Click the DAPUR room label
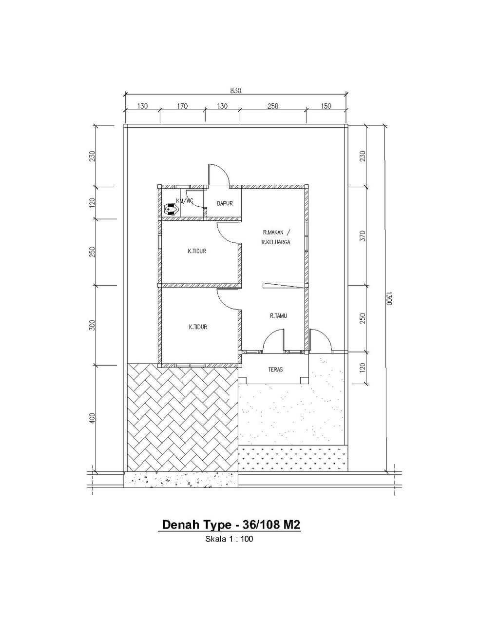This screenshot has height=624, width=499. click(x=225, y=204)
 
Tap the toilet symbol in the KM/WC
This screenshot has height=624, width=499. click(x=171, y=209)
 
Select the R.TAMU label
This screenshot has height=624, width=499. click(x=278, y=316)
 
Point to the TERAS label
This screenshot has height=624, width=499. click(x=275, y=370)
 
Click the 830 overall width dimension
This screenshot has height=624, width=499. click(x=236, y=91)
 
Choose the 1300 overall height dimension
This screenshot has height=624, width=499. click(x=389, y=299)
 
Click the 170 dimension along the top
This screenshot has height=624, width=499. click(x=182, y=106)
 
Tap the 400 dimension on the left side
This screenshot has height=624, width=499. click(x=93, y=418)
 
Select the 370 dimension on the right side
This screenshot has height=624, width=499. click(x=363, y=236)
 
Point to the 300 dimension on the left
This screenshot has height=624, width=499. click(x=93, y=325)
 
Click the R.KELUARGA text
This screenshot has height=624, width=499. click(x=276, y=242)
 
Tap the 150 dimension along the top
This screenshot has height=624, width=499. click(x=326, y=106)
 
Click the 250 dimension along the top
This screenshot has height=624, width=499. click(x=273, y=106)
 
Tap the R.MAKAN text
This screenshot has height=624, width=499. click(x=273, y=232)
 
